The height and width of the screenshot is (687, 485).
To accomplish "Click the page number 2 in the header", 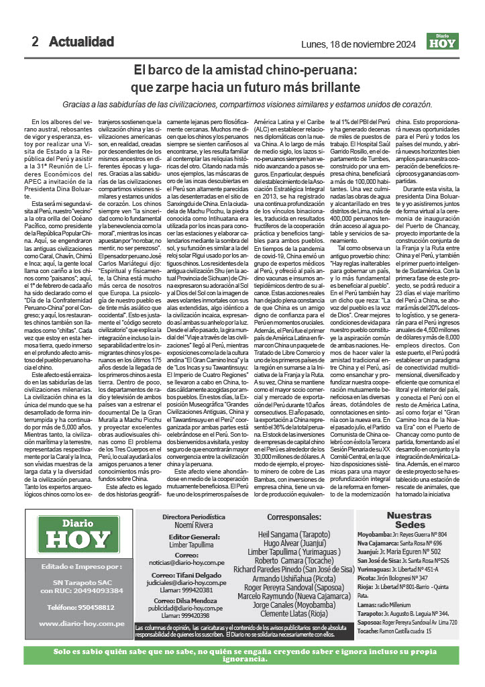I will pyautogui.click(x=34, y=42).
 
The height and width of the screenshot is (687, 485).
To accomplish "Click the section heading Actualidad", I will pyautogui.click(x=81, y=42).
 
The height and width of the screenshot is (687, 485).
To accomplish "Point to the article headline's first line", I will pyautogui.click(x=244, y=70).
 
